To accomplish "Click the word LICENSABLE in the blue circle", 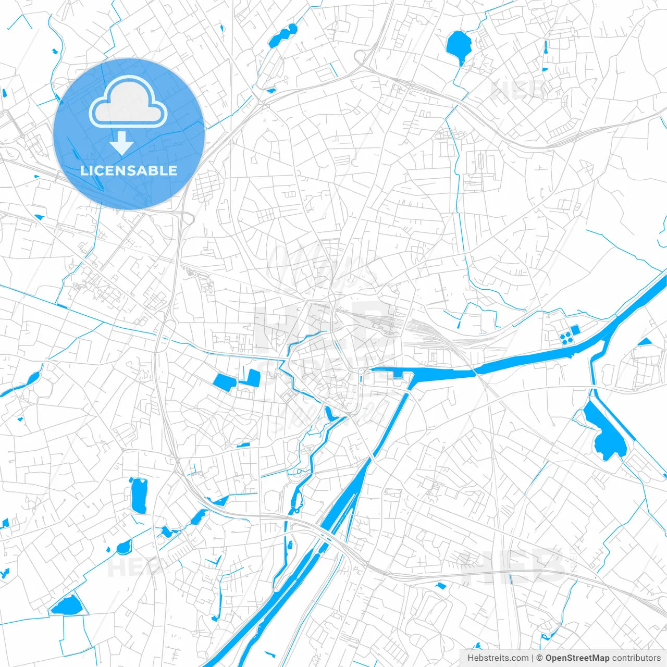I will tap(129, 171).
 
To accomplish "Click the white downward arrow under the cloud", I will tap(122, 143).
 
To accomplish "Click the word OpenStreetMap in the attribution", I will tap(577, 658).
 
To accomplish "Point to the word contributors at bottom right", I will tap(636, 658).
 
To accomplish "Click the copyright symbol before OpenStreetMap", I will tap(539, 658).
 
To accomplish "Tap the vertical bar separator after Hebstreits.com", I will tap(533, 658).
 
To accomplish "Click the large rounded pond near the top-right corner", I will tap(459, 45).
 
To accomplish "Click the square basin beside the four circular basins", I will tap(575, 330).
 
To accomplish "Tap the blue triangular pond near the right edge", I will tap(645, 342).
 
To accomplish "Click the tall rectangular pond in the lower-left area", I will tap(139, 496).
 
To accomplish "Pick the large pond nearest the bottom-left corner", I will tap(66, 605).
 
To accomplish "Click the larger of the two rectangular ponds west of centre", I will tap(224, 382).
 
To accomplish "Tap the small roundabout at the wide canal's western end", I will tap(360, 371).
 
